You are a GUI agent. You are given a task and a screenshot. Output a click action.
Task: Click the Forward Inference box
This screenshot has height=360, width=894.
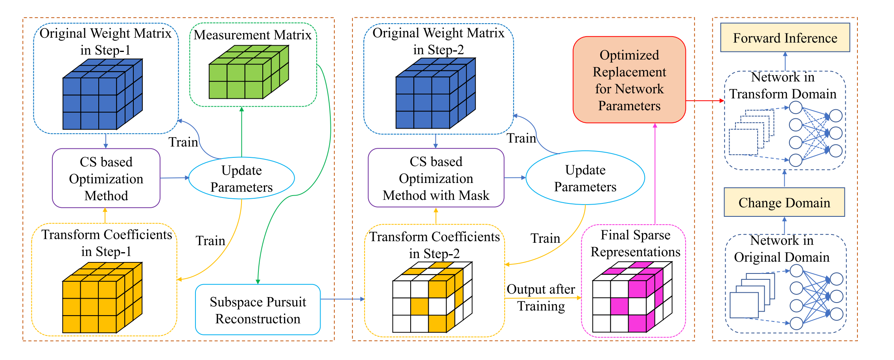tap(785, 38)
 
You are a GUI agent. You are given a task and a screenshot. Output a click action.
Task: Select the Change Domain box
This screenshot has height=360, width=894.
tap(784, 202)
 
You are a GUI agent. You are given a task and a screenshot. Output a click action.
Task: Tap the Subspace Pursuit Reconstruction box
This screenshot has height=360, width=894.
tap(258, 310)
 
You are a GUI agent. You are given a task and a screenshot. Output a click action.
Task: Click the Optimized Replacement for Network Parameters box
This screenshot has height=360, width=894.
tap(629, 80)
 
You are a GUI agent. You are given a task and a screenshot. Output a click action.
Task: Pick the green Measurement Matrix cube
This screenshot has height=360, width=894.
tap(249, 72)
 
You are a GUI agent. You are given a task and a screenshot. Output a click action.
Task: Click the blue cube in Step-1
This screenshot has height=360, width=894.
tap(102, 94)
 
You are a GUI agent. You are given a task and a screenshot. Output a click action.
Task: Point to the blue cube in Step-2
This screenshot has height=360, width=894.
tap(435, 94)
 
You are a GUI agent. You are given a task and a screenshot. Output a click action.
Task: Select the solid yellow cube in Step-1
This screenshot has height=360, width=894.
tap(102, 298)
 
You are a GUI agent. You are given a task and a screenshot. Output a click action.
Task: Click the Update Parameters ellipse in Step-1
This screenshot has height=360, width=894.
tap(241, 179)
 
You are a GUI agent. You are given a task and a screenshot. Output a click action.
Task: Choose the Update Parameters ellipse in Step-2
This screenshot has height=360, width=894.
tap(585, 178)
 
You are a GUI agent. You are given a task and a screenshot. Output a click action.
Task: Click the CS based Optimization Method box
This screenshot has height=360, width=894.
tap(106, 179)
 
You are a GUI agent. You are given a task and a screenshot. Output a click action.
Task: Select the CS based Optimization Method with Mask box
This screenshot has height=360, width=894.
tap(436, 178)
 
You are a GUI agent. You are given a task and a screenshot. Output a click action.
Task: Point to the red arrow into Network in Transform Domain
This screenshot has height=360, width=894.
tap(705, 101)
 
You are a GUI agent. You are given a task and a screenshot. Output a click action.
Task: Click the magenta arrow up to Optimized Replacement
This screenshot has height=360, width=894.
tap(655, 173)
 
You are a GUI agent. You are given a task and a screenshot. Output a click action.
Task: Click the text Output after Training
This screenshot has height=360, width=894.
tap(541, 297)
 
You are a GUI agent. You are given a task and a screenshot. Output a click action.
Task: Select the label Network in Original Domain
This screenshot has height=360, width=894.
tap(782, 249)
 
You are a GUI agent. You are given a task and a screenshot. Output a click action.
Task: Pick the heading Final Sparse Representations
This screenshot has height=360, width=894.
tap(635, 243)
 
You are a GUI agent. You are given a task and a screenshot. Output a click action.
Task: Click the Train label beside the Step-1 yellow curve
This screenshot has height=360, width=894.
tap(210, 241)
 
